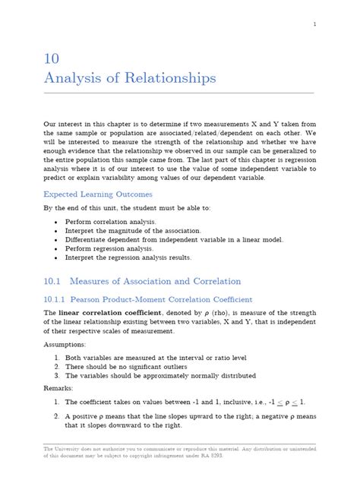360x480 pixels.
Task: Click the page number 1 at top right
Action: tap(314, 24)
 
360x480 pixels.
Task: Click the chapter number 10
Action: tap(52, 59)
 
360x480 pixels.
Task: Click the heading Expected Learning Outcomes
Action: tap(97, 194)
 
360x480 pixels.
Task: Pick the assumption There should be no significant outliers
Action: tap(134, 366)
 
